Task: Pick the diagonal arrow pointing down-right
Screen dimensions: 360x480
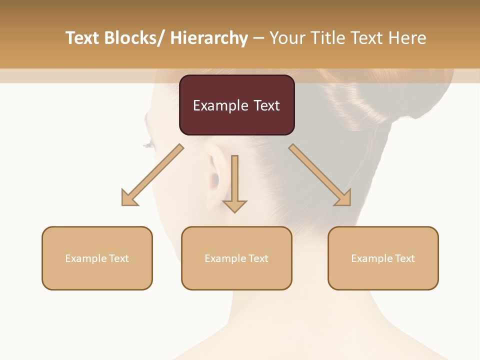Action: tap(321, 176)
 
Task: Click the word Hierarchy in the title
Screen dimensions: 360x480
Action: tap(208, 38)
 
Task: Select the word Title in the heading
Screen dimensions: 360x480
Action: tap(328, 38)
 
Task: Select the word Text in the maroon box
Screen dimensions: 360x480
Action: tap(266, 105)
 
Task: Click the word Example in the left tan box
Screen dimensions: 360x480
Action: tap(85, 258)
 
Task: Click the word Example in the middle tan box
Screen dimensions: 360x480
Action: tap(225, 258)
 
